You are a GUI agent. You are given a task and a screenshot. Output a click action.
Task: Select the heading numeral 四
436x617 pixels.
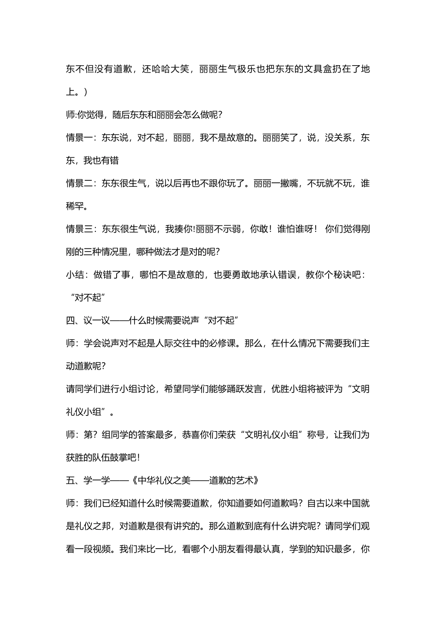click(x=70, y=320)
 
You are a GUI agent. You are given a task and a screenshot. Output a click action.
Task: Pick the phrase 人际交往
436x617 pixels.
click(x=173, y=343)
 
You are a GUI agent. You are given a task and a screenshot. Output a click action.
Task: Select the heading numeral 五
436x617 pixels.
click(x=70, y=481)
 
